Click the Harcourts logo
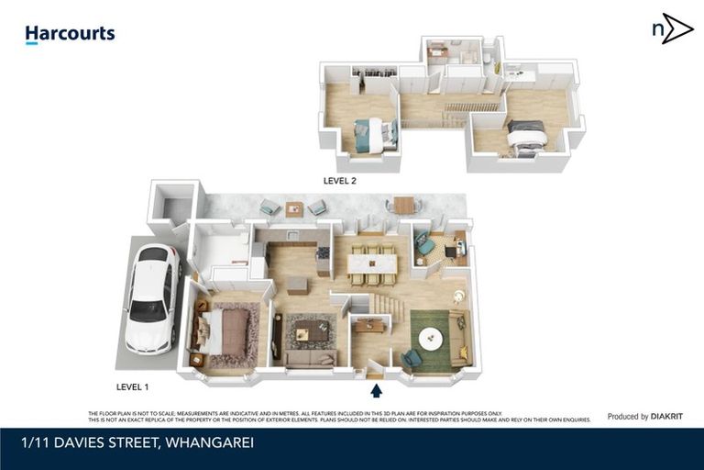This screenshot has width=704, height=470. (70, 35)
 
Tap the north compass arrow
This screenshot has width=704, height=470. (674, 29)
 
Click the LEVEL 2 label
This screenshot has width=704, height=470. (339, 181)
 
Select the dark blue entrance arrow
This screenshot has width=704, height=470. (376, 391)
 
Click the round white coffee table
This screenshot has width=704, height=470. (431, 339)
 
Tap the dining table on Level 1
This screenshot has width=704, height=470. (372, 263)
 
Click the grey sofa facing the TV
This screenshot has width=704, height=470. (310, 358)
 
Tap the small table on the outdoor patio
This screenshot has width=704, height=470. (293, 208)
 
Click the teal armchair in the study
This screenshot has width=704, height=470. (426, 246)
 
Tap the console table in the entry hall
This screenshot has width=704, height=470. (370, 324)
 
